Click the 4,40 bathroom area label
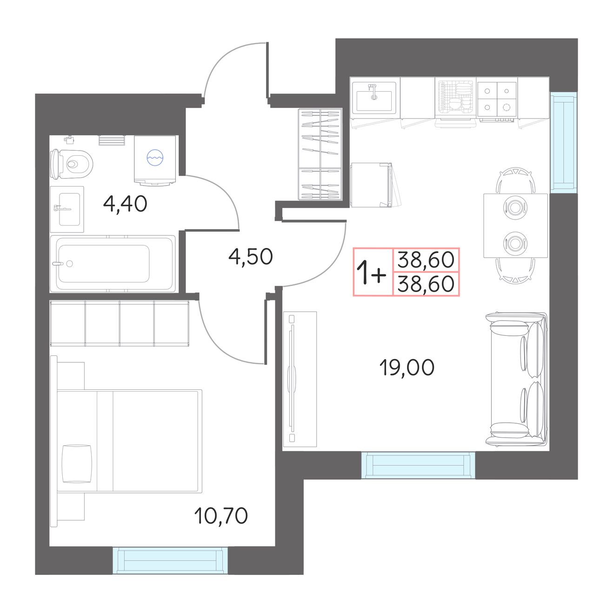(x=125, y=204)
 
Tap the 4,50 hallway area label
(x=250, y=256)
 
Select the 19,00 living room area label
(x=407, y=367)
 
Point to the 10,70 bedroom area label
(x=220, y=516)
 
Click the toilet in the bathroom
(x=71, y=164)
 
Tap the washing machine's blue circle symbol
(x=155, y=157)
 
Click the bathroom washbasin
(x=67, y=209)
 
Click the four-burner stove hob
(x=497, y=100)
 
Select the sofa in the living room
(x=516, y=379)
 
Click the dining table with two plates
(x=515, y=226)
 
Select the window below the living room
(x=418, y=465)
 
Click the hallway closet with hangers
(x=320, y=154)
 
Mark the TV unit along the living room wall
(x=300, y=379)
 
